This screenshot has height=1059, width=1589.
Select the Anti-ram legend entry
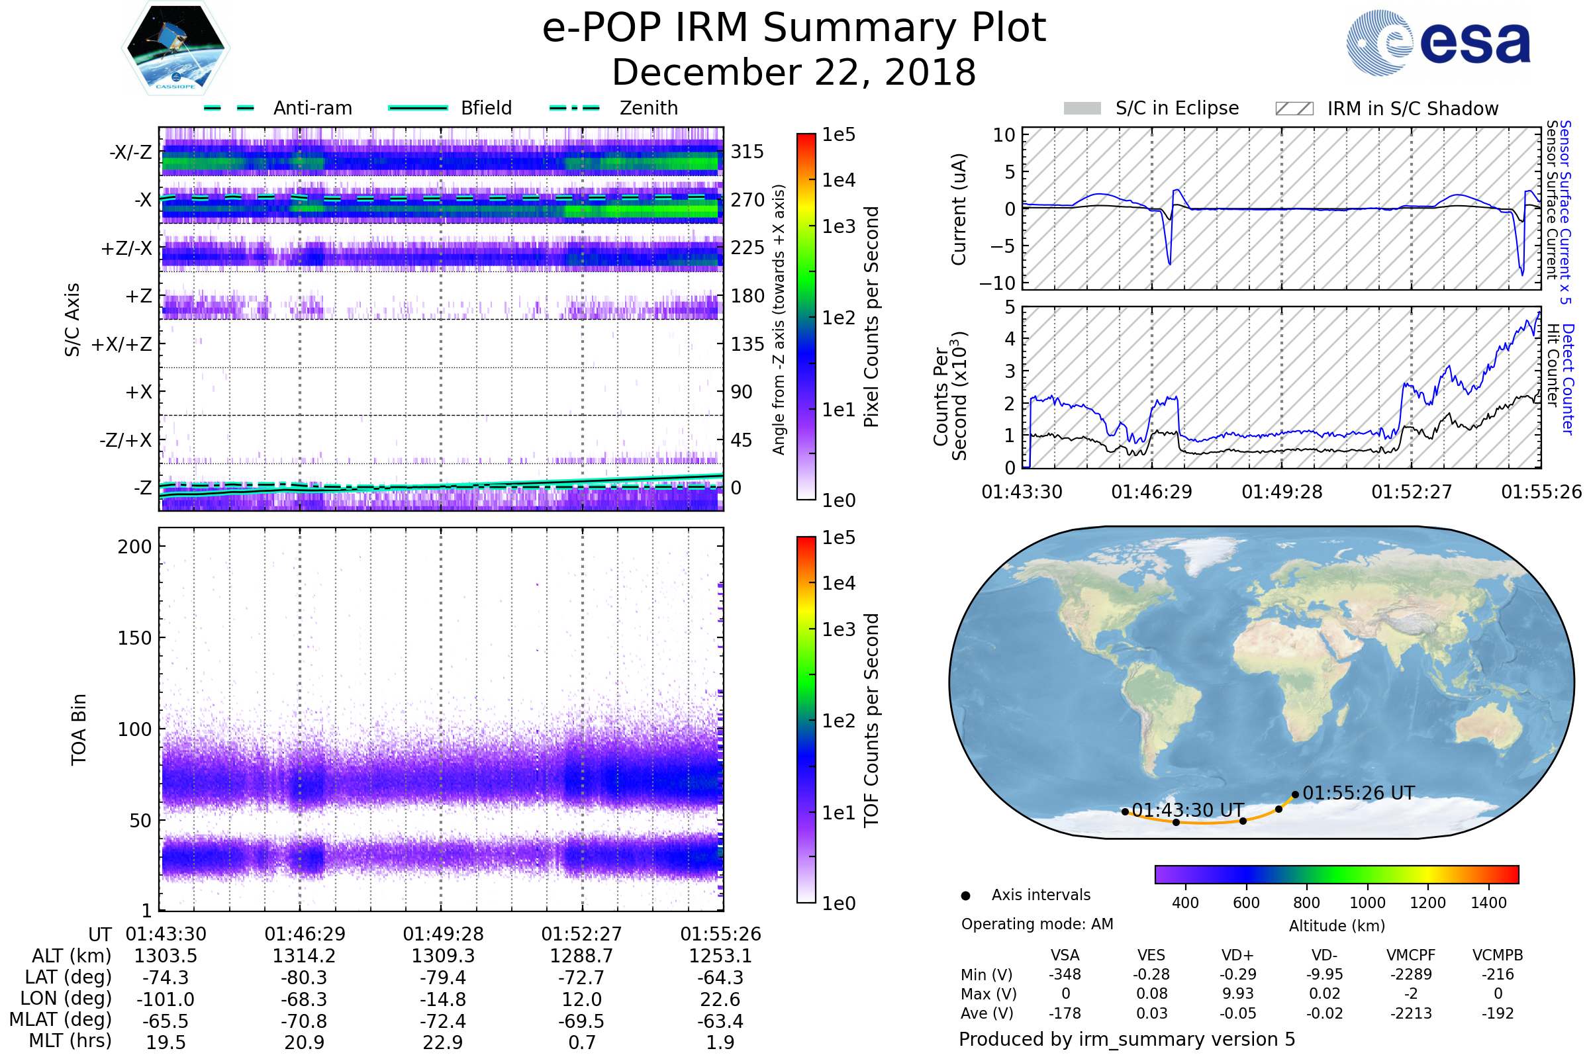point(312,108)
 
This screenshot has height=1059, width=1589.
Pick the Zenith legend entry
point(649,108)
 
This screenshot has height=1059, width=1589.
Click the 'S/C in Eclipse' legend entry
point(1177,108)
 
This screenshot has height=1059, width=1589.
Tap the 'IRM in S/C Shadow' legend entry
point(1412,109)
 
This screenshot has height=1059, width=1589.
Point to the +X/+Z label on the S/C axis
point(122,344)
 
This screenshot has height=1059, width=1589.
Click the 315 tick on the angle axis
point(747,152)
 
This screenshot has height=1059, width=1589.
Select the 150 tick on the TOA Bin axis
point(134,637)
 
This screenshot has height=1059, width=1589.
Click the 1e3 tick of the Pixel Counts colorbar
point(838,226)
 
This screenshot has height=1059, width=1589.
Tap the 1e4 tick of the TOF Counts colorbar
point(838,583)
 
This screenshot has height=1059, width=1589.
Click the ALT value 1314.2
point(304,956)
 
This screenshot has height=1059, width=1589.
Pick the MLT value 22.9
point(442,1042)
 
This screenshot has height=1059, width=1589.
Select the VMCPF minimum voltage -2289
point(1411,974)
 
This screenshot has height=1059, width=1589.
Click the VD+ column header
point(1237,955)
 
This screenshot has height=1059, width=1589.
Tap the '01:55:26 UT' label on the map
point(1358,793)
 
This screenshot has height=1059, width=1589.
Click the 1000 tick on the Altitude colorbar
point(1367,902)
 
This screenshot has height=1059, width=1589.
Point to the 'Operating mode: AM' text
point(1037,924)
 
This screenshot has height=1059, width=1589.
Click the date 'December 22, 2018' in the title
point(794,72)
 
